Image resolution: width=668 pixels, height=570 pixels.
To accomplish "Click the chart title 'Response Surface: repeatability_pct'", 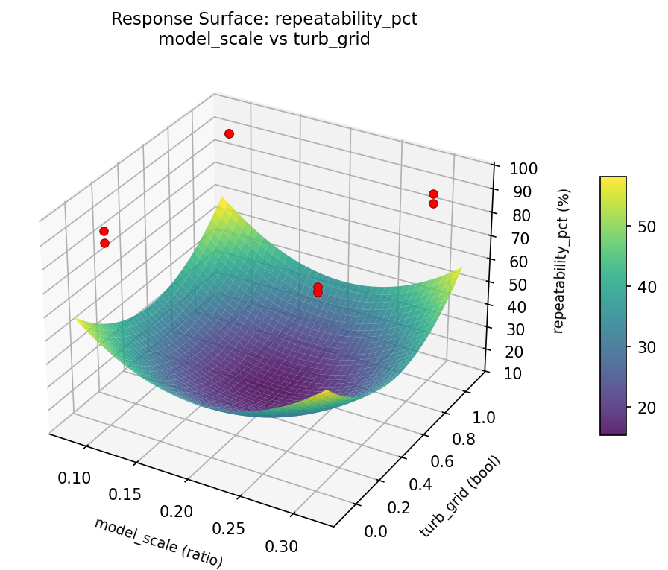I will click(264, 19).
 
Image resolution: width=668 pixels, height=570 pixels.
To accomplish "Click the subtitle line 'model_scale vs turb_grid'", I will click(264, 39).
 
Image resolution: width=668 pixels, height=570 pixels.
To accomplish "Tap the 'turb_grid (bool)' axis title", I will click(460, 495).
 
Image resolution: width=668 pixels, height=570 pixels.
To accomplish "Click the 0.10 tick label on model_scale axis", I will click(75, 478).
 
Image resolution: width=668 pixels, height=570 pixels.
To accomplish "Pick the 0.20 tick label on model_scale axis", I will click(177, 512).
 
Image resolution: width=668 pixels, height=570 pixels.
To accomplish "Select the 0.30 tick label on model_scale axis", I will click(282, 546).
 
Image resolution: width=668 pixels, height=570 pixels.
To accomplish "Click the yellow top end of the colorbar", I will click(613, 180).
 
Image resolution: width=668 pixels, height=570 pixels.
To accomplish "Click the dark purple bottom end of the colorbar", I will click(613, 430).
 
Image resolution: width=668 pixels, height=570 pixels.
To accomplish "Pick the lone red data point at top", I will click(229, 133).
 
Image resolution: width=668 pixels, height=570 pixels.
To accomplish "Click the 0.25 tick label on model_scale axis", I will click(229, 529).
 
